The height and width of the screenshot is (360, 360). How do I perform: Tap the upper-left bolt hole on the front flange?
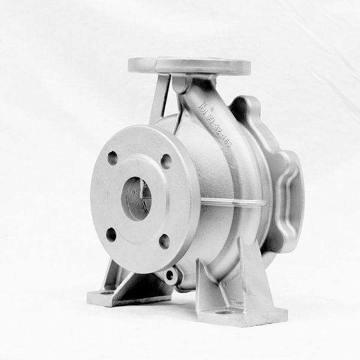tap(112, 158)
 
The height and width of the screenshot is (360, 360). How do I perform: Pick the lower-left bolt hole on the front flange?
tap(112, 234)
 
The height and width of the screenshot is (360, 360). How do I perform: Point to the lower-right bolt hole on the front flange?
tap(164, 241)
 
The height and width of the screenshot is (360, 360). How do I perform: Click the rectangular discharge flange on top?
tap(190, 65)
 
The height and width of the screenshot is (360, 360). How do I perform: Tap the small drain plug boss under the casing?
tap(170, 276)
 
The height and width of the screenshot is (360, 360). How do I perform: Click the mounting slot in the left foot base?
tap(107, 292)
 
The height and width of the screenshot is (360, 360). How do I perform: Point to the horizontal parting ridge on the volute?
tap(234, 203)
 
